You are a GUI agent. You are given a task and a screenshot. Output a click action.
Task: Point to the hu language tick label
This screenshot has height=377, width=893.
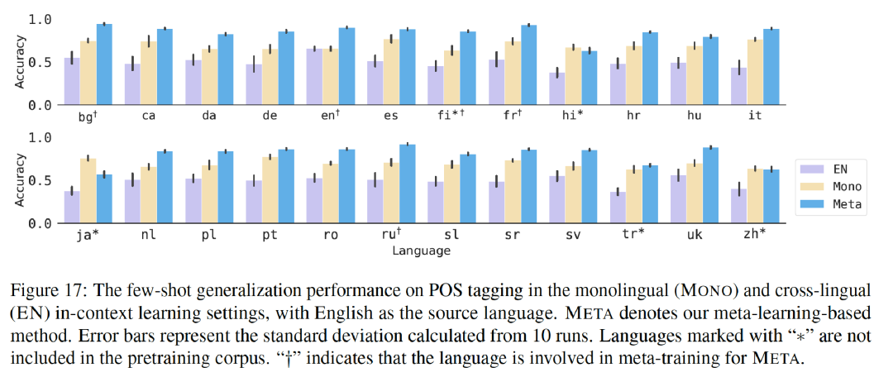coord(694,116)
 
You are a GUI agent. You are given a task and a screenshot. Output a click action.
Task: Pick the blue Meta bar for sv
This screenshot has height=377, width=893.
coord(590,186)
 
